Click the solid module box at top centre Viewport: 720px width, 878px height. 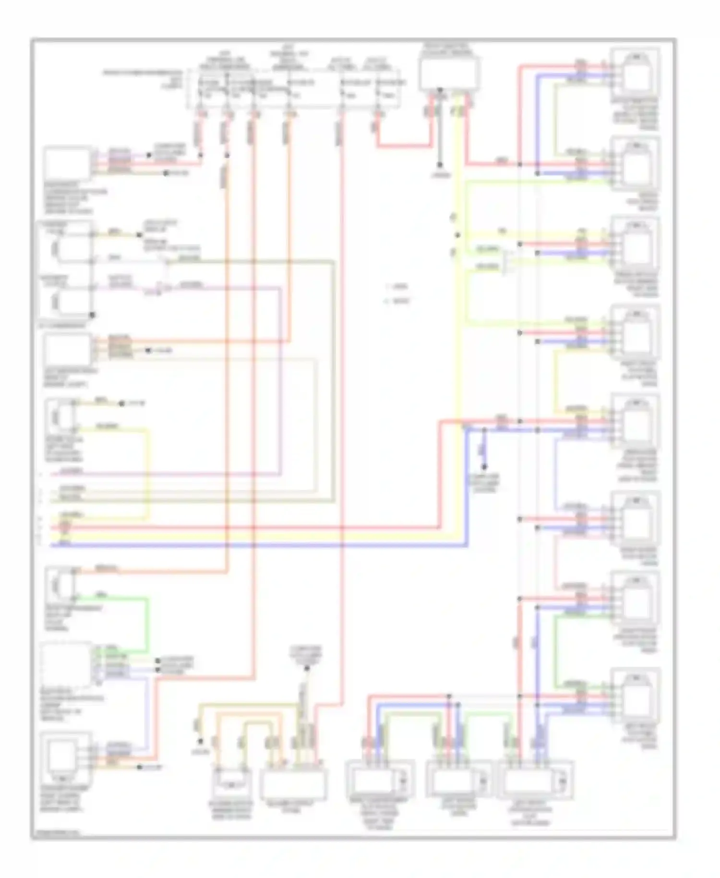[449, 73]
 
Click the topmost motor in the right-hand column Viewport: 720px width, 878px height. [636, 72]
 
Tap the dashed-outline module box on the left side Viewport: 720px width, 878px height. [66, 665]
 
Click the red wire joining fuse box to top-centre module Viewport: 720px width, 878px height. [403, 145]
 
